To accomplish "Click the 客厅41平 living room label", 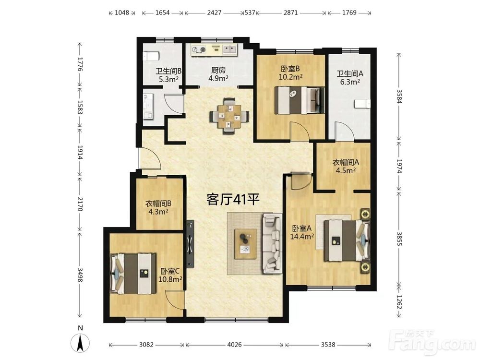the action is [233, 199].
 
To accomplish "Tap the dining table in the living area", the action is [229, 116].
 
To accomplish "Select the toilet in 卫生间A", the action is [362, 104].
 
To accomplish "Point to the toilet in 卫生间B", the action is [151, 56].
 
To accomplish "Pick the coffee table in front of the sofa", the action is [245, 244].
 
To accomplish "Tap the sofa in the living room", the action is [272, 243].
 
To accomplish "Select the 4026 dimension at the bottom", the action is [234, 345].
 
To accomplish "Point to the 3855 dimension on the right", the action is [399, 239].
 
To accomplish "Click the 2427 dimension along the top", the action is [214, 13].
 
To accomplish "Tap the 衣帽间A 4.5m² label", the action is [346, 166].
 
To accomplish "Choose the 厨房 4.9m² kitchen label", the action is [218, 74].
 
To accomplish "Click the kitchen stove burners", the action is [199, 49].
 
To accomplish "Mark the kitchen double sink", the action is [229, 49].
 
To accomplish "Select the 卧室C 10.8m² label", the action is [170, 275].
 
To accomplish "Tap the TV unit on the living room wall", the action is [191, 244].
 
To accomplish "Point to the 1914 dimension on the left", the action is [80, 152].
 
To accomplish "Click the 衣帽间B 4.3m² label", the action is [158, 207].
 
